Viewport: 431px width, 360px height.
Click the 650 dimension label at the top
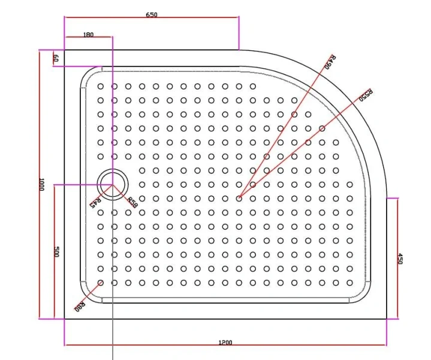point(151,15)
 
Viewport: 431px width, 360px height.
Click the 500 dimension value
point(56,252)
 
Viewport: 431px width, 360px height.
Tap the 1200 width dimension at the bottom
point(225,343)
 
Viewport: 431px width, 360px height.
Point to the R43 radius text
point(95,202)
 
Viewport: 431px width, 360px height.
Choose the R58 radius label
point(132,203)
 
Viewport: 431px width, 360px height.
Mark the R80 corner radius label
point(79,304)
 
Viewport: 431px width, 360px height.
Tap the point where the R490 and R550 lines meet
point(239,198)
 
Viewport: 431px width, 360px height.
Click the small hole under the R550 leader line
point(322,128)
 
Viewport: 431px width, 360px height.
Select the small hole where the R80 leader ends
point(100,283)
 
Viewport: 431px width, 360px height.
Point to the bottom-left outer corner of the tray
point(64,319)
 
